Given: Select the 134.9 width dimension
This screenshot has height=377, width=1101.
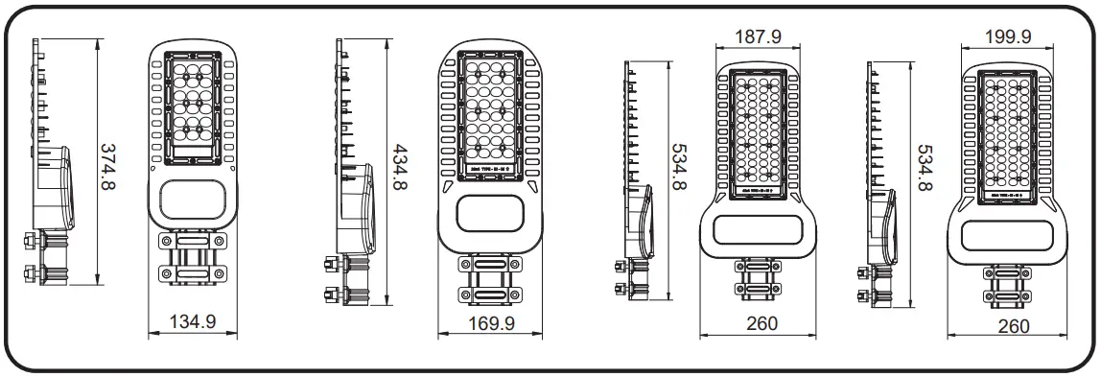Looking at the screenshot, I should (192, 322).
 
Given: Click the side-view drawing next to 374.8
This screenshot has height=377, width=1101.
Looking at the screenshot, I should (48, 163).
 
